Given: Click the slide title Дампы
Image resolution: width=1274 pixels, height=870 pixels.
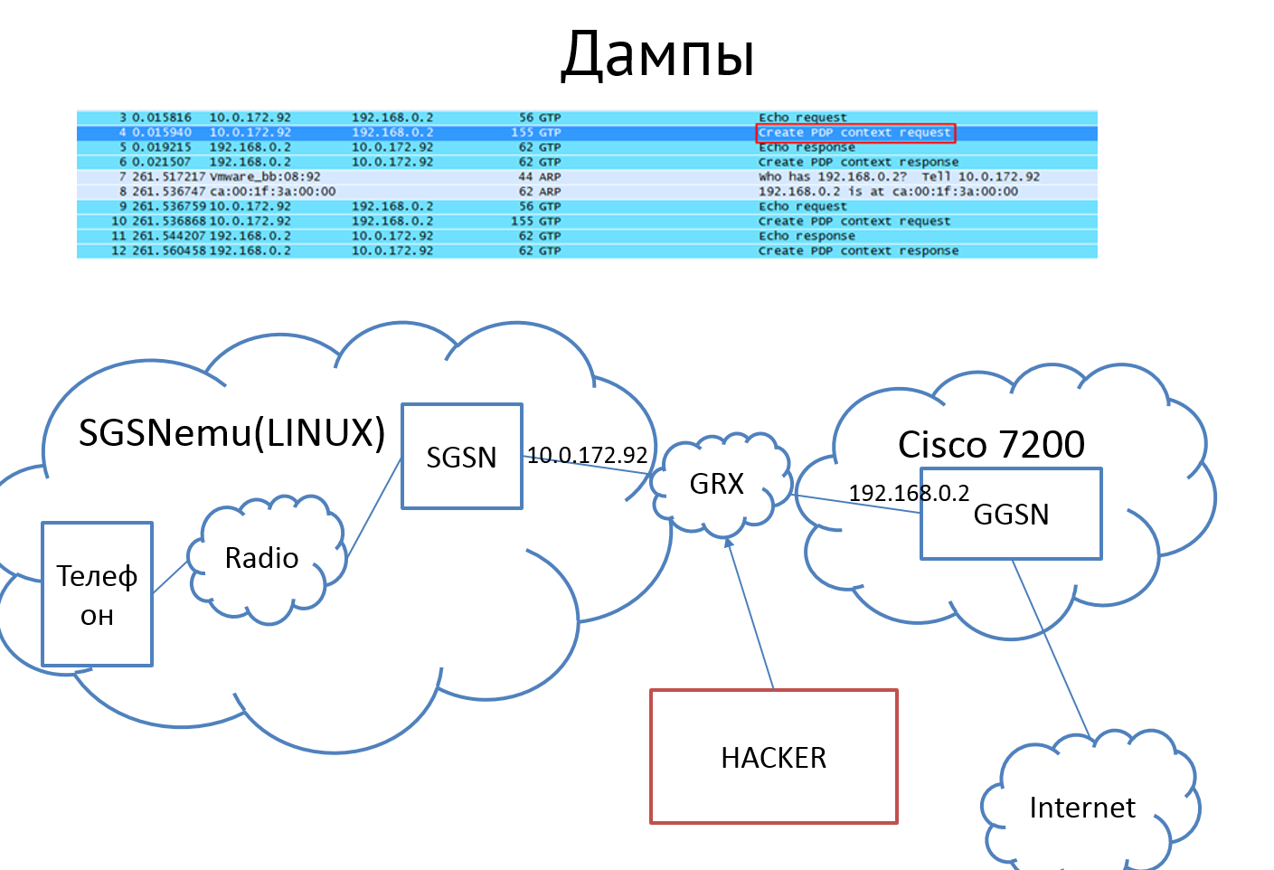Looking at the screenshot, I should click(x=657, y=54).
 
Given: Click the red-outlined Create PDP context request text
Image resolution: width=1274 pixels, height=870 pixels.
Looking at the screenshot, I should click(x=854, y=133).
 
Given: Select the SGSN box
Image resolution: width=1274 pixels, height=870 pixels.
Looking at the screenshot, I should click(x=462, y=457).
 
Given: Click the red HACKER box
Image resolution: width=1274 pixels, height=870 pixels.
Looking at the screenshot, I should click(x=773, y=757).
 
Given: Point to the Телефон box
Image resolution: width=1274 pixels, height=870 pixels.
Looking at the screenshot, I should click(x=97, y=594).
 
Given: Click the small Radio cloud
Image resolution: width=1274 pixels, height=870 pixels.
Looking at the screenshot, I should click(x=262, y=558).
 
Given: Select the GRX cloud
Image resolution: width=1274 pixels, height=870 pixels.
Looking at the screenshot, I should click(x=717, y=484).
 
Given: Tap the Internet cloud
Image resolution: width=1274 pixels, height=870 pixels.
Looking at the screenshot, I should click(x=1081, y=807).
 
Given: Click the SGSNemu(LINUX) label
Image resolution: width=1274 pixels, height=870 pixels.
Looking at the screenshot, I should click(x=231, y=433).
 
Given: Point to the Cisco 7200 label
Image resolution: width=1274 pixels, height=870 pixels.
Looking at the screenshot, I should click(x=991, y=444).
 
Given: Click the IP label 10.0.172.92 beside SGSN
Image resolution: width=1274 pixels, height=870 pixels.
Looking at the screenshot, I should click(x=588, y=455).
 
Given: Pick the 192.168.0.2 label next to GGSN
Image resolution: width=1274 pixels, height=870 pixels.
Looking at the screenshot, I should click(x=908, y=493).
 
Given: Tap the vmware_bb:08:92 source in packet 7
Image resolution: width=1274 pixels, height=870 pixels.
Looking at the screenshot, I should click(x=264, y=177).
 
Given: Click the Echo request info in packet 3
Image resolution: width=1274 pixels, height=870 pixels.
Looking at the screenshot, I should click(x=802, y=118).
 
